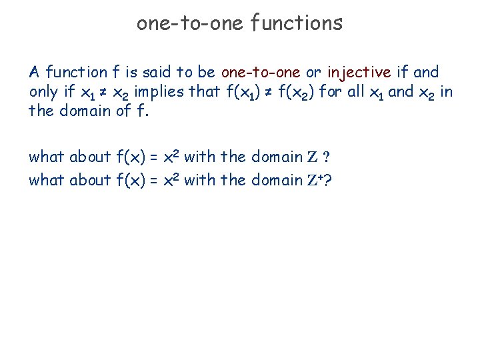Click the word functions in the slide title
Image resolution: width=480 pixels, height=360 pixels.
point(297,23)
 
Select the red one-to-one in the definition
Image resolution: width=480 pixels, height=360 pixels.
point(260,72)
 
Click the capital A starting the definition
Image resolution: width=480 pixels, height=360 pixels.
point(34,72)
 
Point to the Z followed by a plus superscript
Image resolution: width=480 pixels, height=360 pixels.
point(313,180)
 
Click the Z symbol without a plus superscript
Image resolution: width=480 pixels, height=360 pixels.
point(313,157)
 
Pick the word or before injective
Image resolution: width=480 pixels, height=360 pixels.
point(313,72)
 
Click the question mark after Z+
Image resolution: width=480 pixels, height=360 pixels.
point(327,180)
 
